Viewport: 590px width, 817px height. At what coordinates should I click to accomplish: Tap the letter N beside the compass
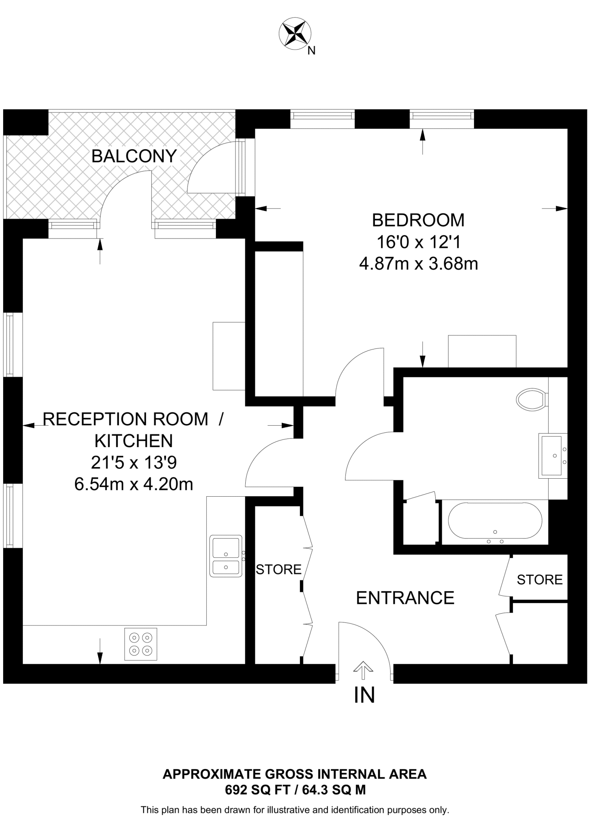[x=312, y=51]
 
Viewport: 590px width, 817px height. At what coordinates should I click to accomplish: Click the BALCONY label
[x=134, y=156]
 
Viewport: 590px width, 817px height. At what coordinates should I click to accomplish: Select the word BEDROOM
[x=418, y=220]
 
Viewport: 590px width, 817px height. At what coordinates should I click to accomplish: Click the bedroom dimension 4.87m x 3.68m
[x=418, y=264]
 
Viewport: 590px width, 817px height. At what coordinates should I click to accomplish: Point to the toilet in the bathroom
[x=532, y=399]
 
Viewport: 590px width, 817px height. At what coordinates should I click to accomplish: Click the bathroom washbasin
[x=553, y=456]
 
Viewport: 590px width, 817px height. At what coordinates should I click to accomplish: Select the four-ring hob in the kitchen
[x=141, y=644]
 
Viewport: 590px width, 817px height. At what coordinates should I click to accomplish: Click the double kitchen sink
[x=226, y=556]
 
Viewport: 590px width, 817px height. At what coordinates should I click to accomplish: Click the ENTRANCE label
[x=405, y=598]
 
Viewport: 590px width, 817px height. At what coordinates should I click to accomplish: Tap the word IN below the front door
[x=364, y=695]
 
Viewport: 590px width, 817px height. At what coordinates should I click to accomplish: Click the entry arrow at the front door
[x=363, y=670]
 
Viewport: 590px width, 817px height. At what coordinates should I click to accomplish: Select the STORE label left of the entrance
[x=278, y=570]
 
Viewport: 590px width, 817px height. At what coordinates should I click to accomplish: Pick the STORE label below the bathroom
[x=539, y=580]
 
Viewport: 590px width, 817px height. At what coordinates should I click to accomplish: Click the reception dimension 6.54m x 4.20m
[x=134, y=484]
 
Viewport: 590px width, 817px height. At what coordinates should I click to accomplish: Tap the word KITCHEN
[x=134, y=441]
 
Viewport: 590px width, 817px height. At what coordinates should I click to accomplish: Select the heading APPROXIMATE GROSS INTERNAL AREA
[x=294, y=774]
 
